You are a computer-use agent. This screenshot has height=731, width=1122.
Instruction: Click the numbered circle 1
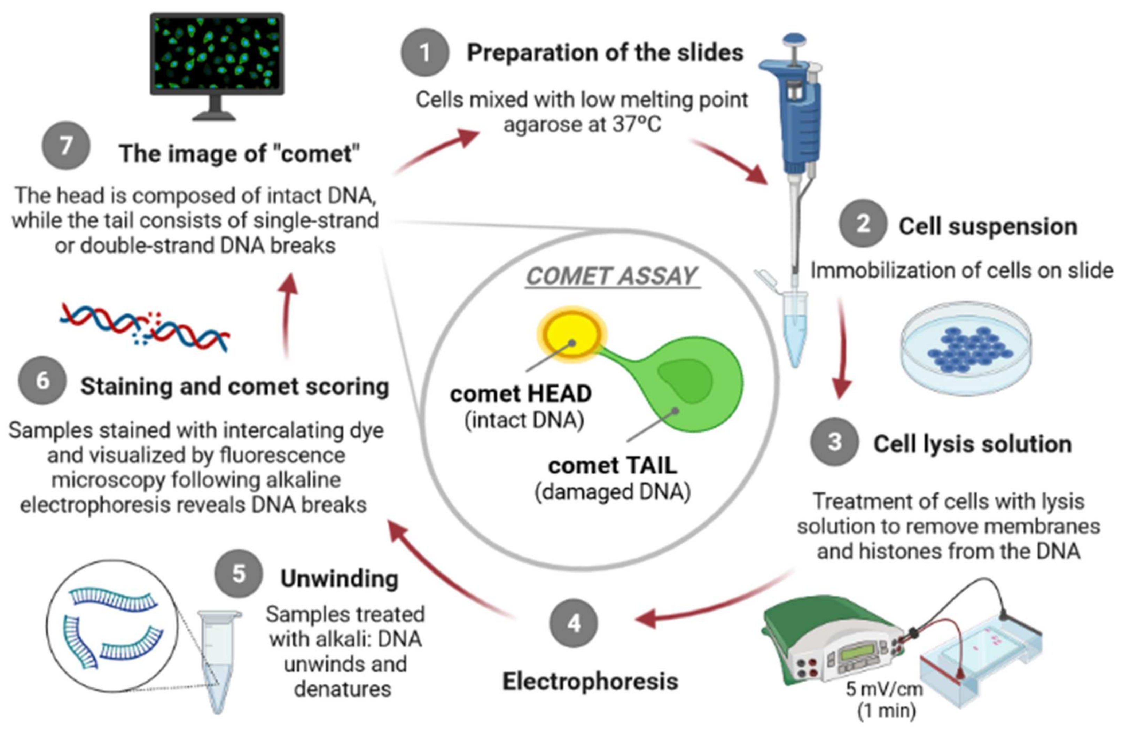point(425,52)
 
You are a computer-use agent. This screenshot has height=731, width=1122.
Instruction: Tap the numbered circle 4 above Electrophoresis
point(573,623)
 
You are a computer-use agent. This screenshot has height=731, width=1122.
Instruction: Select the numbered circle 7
point(66,145)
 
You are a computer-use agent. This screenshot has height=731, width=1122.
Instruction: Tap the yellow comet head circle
point(572,334)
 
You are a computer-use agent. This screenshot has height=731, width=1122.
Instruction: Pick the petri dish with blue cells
point(966,349)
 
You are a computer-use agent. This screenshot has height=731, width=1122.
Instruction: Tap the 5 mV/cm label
point(884,689)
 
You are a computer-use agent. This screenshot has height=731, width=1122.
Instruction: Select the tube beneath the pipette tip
point(795,325)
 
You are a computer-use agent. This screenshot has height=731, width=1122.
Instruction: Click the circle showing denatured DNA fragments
point(112,626)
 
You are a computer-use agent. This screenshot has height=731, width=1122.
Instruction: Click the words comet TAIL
point(612,466)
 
